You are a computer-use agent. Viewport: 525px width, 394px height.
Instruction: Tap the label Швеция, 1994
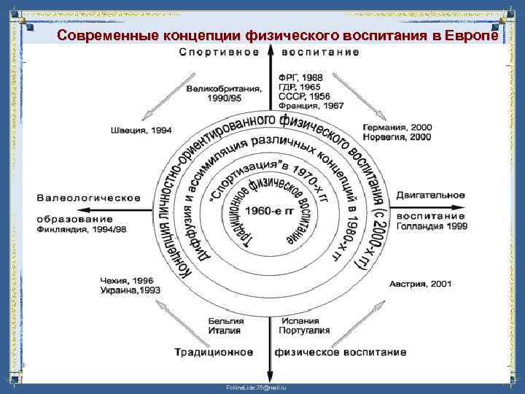tap(141, 131)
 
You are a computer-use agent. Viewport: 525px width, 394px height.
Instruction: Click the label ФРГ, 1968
tap(300, 77)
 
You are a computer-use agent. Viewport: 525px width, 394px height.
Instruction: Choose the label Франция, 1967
tap(311, 106)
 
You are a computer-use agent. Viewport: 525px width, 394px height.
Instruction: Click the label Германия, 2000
tap(397, 127)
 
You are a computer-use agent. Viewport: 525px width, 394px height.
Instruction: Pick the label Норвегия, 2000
tap(397, 136)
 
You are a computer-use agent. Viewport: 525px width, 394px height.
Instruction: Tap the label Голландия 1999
tap(432, 226)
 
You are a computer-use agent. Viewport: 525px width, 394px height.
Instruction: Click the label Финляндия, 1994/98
tap(82, 228)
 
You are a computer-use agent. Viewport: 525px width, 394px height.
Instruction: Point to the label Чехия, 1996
tap(127, 280)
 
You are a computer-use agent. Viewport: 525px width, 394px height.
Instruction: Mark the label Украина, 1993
tap(130, 290)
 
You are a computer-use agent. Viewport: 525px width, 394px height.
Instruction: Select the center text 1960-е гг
tap(266, 211)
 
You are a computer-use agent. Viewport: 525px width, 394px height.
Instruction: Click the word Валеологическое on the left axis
tap(88, 197)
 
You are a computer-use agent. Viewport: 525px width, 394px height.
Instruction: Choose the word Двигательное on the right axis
tap(431, 195)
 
